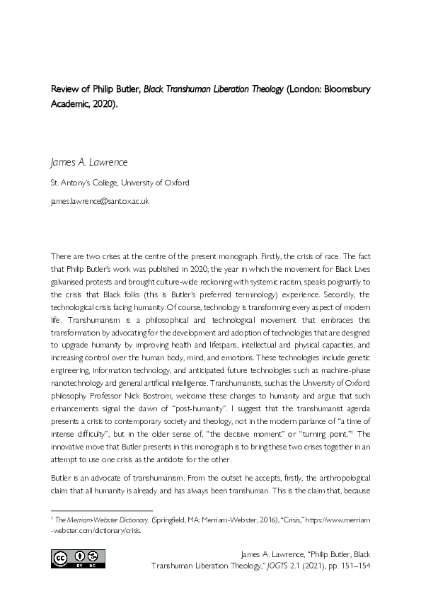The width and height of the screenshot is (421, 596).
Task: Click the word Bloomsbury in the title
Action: [x=345, y=90]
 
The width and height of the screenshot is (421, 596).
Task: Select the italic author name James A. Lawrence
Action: [x=89, y=162]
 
